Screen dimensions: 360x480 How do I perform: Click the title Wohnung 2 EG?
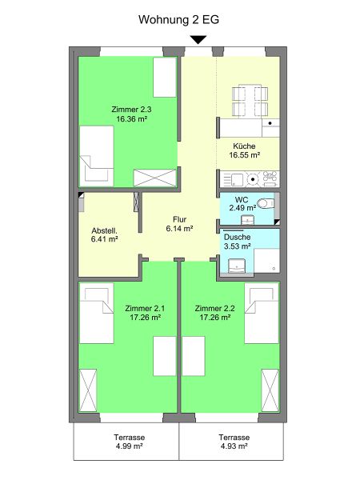[178, 19]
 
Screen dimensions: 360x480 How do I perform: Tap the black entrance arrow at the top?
[198, 40]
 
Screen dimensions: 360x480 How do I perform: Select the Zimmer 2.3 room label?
[131, 110]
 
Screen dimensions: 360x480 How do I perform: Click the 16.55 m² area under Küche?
[245, 155]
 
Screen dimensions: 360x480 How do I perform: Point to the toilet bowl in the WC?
[266, 203]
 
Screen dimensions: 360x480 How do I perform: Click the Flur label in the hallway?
[180, 219]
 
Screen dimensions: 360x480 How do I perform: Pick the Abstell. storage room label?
[104, 230]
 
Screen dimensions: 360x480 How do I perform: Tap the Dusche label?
[238, 237]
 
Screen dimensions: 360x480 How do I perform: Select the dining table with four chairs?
[250, 101]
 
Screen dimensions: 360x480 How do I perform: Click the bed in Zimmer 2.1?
[97, 313]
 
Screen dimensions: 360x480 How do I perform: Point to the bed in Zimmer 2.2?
[262, 313]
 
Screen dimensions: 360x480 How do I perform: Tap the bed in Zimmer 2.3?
[97, 156]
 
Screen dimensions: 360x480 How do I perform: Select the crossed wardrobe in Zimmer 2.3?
[155, 178]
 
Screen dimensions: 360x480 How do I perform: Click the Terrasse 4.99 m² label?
[129, 442]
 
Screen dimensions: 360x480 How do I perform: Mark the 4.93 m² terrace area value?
[234, 446]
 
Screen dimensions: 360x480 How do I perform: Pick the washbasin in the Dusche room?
[237, 266]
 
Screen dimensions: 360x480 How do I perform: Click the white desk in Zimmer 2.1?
[165, 356]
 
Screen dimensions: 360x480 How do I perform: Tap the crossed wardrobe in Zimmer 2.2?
[270, 390]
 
